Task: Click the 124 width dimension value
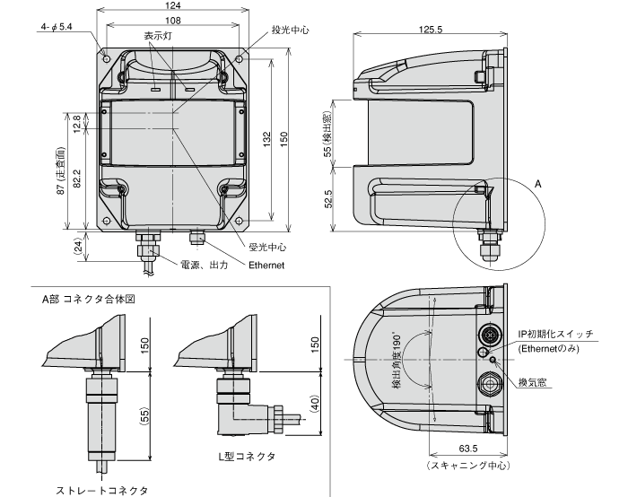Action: (x=172, y=6)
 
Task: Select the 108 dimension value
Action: (x=172, y=19)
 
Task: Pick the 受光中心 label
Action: (x=266, y=247)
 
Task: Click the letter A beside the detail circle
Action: (x=537, y=181)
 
